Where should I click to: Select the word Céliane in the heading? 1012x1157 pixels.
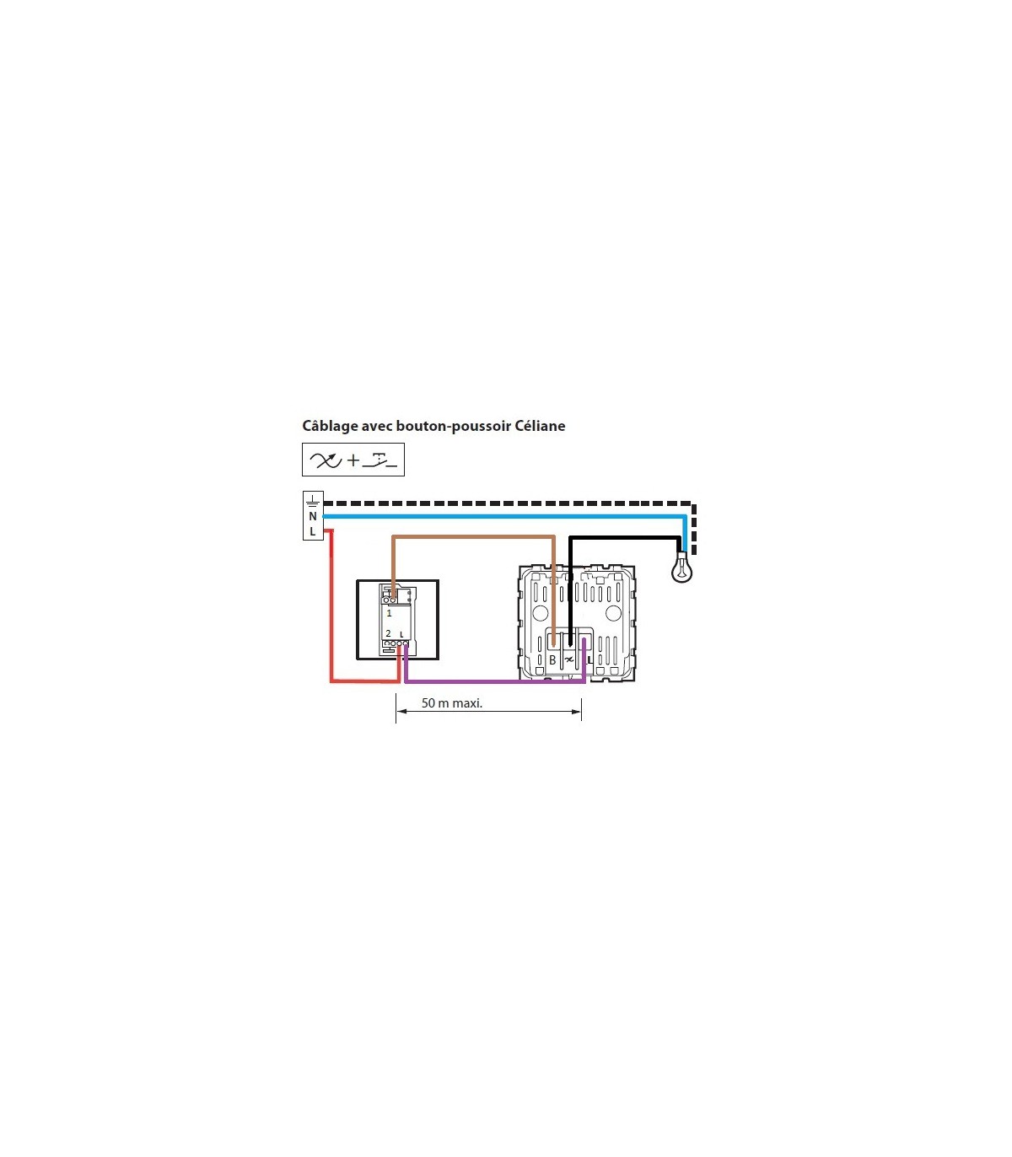point(540,426)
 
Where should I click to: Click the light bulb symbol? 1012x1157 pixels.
point(681,568)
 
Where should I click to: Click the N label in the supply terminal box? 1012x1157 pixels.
point(313,516)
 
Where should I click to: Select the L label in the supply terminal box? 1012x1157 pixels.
point(312,531)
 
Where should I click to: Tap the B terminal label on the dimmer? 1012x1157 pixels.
point(552,660)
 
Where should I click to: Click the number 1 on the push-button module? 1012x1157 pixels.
point(389,612)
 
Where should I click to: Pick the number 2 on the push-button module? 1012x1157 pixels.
point(389,633)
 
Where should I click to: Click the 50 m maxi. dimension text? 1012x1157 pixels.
point(452,703)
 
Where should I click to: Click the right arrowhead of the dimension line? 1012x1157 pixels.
point(577,712)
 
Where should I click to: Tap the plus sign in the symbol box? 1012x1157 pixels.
point(353,460)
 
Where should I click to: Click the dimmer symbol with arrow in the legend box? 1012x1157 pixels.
point(326,460)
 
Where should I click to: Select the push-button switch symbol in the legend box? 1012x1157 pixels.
point(380,462)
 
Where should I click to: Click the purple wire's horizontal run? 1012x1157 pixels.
point(495,681)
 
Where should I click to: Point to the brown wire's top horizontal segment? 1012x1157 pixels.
point(474,536)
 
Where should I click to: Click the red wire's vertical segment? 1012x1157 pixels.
point(331,605)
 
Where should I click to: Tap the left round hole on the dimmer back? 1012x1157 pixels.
point(540,612)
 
